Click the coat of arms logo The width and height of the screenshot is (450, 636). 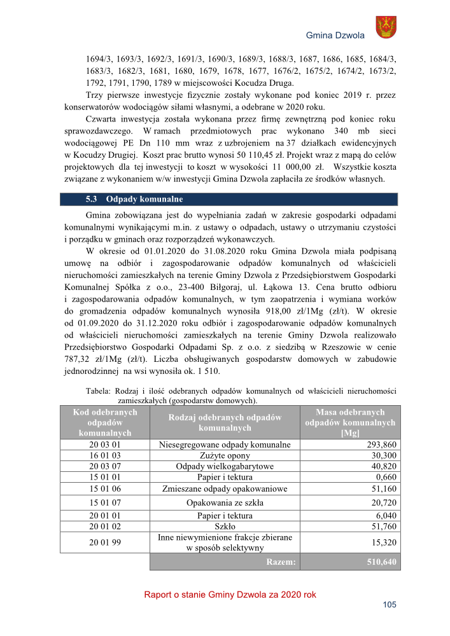(386, 27)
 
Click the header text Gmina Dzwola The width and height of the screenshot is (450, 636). (335, 36)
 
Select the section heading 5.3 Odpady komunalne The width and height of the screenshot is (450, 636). (134, 199)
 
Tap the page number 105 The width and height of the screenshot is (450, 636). (390, 605)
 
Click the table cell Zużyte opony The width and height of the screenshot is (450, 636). (224, 455)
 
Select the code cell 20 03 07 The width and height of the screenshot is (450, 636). (105, 466)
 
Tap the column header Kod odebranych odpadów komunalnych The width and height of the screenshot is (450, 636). (105, 422)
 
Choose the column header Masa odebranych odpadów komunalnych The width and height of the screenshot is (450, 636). (350, 422)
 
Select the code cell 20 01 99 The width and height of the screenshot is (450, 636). (105, 542)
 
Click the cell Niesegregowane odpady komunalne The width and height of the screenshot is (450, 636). (224, 445)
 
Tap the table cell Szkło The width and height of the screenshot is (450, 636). (224, 527)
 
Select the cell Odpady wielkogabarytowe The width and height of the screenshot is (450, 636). (224, 466)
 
